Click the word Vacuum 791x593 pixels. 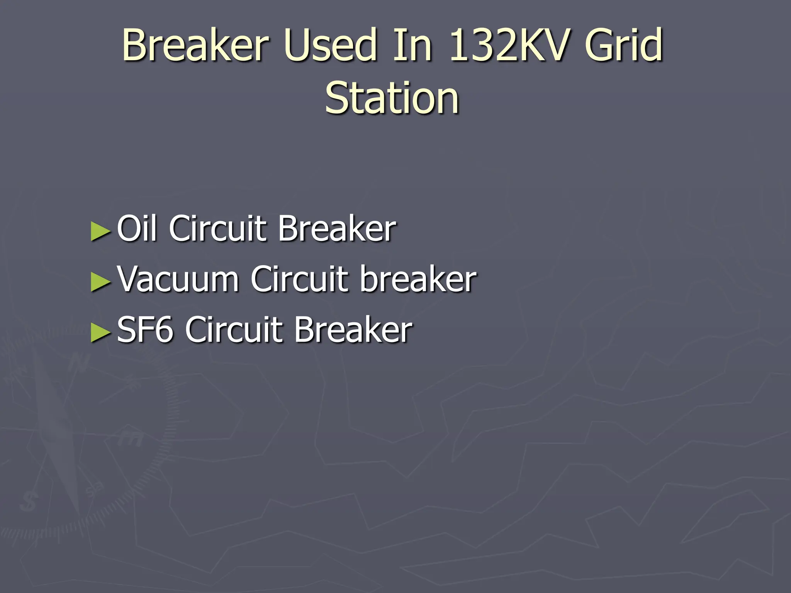pyautogui.click(x=178, y=279)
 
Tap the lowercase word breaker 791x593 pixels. pyautogui.click(x=418, y=279)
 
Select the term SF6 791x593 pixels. pyautogui.click(x=145, y=329)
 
